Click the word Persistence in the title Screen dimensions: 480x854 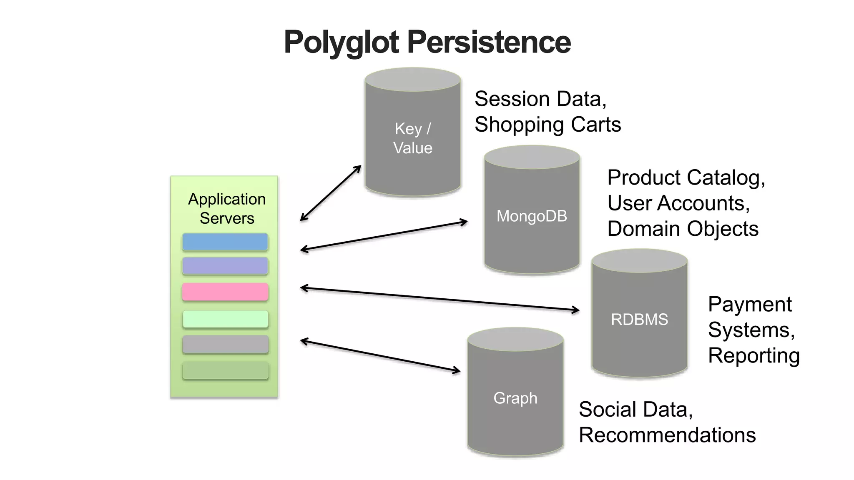(x=489, y=42)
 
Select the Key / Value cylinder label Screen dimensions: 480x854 (x=413, y=138)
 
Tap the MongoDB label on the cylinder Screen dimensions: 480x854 (x=532, y=216)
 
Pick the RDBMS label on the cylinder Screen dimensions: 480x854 (x=639, y=320)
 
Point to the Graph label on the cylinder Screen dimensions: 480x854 (x=515, y=398)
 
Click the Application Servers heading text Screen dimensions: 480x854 (x=227, y=209)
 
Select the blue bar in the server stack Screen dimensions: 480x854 (x=225, y=242)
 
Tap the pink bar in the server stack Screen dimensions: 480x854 (x=225, y=292)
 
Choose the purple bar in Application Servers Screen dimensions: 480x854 (x=225, y=266)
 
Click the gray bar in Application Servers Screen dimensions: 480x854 (x=225, y=345)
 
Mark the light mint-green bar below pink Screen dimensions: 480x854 (x=225, y=319)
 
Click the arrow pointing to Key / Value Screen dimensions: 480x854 (x=330, y=193)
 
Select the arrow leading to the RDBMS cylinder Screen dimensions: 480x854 (x=440, y=299)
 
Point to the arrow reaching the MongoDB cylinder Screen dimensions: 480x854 (x=384, y=236)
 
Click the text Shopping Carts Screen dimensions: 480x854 (x=548, y=125)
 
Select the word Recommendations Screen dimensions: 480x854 (x=667, y=435)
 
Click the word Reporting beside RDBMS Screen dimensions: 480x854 (x=754, y=355)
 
